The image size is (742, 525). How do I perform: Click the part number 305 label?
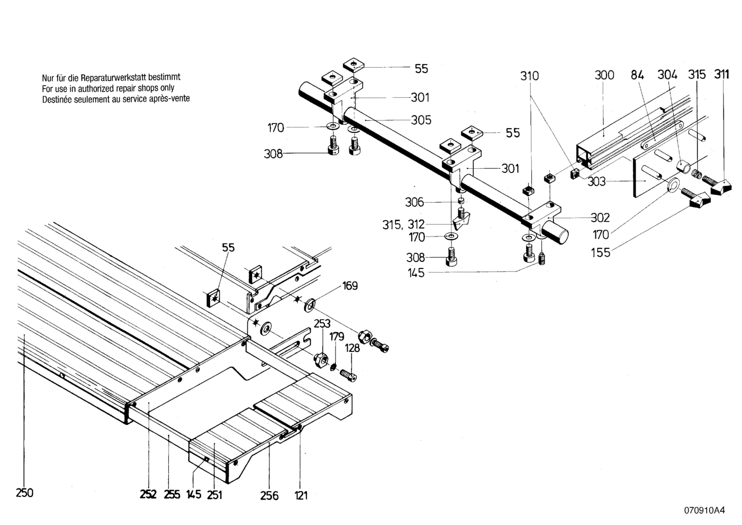[x=421, y=120]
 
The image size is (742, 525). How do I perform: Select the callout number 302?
[x=600, y=218]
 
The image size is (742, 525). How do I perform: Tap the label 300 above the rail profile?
[x=604, y=75]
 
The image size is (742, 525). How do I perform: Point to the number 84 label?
[x=637, y=75]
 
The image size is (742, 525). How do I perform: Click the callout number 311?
[x=721, y=74]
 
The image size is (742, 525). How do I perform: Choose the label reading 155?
[x=601, y=252]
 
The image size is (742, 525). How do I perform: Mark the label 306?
[x=414, y=202]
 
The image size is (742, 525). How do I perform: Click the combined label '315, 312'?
[x=403, y=224]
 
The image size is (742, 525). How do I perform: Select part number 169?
[x=350, y=286]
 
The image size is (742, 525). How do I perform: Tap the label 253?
[x=322, y=323]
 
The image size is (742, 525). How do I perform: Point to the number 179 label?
[x=337, y=337]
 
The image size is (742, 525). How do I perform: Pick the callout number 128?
[x=352, y=348]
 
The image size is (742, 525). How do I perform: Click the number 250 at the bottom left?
[x=24, y=493]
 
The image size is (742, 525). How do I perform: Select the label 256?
[x=269, y=496]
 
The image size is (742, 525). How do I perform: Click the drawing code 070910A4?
[x=704, y=511]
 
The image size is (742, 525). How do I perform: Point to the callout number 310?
[x=529, y=76]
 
